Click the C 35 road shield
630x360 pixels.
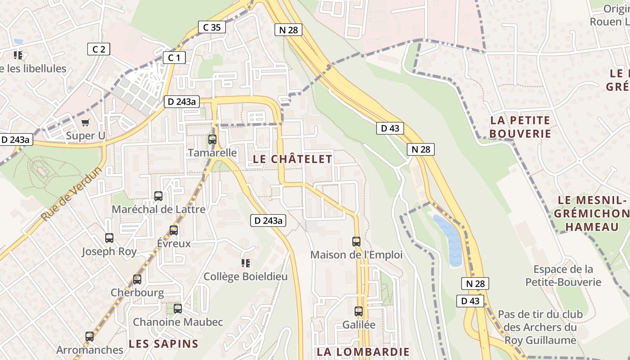point(211,27)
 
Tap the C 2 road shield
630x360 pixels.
point(99,49)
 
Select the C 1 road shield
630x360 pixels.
point(174,57)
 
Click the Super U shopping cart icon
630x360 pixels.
point(85,122)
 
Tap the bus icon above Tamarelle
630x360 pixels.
point(212,139)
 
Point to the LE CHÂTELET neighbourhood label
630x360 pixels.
point(292,159)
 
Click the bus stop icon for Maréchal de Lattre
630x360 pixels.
point(158,196)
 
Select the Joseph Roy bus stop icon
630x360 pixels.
point(109,238)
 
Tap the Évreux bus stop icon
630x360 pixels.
point(174,230)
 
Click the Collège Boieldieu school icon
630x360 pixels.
point(245,263)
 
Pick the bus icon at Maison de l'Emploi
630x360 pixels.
point(356,241)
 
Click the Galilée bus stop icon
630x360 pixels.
point(359,311)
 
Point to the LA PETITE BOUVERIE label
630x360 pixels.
point(520,127)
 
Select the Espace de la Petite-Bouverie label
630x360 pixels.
point(563,275)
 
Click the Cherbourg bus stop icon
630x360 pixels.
point(137,279)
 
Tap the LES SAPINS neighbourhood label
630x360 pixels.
point(163,344)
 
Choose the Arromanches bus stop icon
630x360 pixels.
point(90,336)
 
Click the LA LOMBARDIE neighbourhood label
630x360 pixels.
point(363,352)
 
